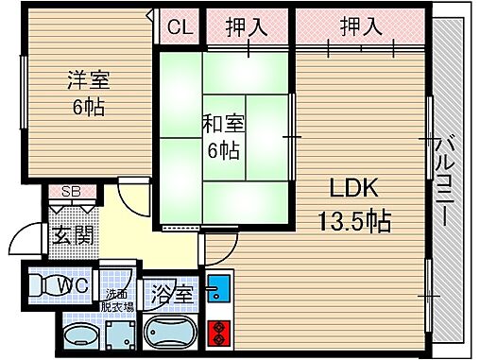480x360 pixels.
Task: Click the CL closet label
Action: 179,27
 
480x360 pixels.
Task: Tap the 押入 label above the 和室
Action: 246,27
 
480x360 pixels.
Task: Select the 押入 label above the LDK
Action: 361,27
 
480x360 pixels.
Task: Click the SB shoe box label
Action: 69,192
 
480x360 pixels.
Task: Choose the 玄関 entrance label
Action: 71,235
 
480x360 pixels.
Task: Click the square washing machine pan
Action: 120,334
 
